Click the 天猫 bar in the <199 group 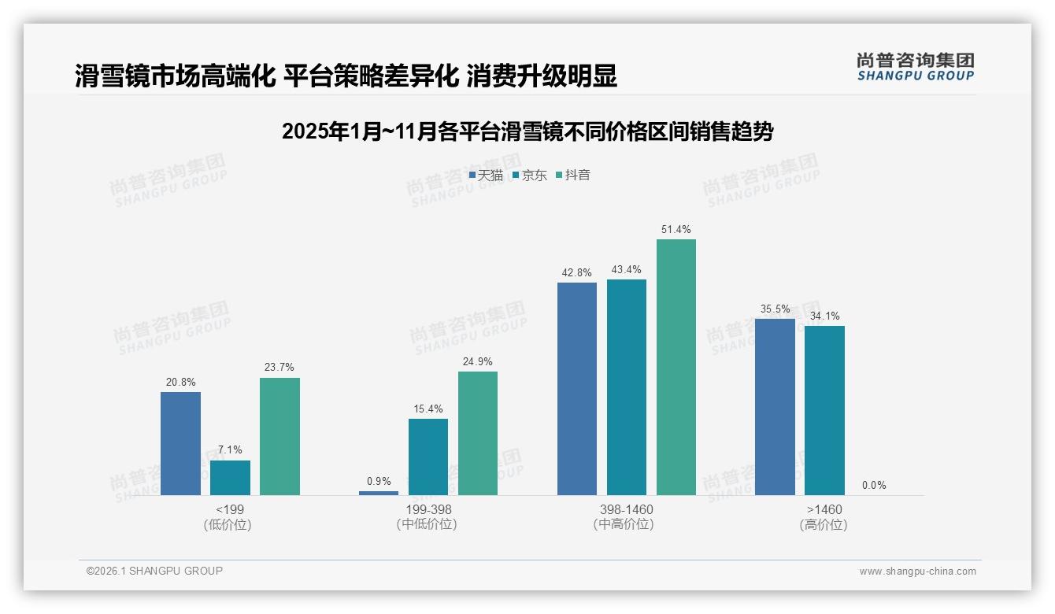click(x=180, y=443)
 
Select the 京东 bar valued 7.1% click(x=230, y=478)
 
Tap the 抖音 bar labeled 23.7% click(x=279, y=436)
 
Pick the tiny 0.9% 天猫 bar click(x=379, y=493)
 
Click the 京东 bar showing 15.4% click(x=428, y=457)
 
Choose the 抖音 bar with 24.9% click(x=478, y=433)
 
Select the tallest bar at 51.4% click(x=676, y=367)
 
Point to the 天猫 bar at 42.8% click(x=577, y=388)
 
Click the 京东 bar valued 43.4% click(x=627, y=387)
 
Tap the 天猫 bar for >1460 click(x=775, y=406)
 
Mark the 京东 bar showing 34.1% click(x=824, y=410)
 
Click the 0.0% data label click(x=874, y=486)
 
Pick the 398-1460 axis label click(x=627, y=510)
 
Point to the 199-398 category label click(x=428, y=510)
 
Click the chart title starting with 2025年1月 click(x=527, y=131)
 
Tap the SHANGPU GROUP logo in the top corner click(x=916, y=67)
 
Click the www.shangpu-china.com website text click(x=917, y=571)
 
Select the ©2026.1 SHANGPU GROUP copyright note click(x=154, y=571)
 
